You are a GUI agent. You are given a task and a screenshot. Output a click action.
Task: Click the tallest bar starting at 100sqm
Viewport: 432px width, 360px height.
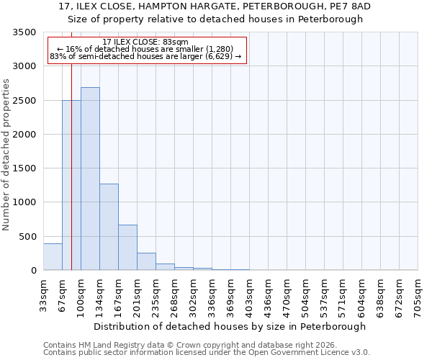coord(90,179)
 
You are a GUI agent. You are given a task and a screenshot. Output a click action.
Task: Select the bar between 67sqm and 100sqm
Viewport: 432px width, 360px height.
coord(71,185)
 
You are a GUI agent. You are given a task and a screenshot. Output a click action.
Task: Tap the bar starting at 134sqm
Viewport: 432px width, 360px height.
coord(109,227)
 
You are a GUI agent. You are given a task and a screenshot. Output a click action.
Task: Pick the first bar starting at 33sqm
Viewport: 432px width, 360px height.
coord(53,257)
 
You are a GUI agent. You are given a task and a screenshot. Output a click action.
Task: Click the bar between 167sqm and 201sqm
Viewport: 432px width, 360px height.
coord(127,248)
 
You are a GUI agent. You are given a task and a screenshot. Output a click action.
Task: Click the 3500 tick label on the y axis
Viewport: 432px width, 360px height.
coord(24,32)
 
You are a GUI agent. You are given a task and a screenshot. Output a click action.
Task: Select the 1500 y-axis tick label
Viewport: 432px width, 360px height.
coord(24,168)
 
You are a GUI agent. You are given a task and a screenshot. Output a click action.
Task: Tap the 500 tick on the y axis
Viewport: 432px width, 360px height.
coord(27,237)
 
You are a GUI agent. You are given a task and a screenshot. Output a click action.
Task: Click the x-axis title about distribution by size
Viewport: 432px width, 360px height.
coord(230,326)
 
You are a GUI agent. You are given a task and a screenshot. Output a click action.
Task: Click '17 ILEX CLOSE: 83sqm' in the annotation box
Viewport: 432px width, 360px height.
coord(145,42)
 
